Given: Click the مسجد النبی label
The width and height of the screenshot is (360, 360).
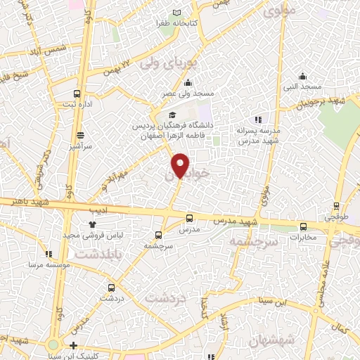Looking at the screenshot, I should pyautogui.click(x=302, y=86).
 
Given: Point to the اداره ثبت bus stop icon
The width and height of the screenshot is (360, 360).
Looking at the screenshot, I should pyautogui.click(x=77, y=94).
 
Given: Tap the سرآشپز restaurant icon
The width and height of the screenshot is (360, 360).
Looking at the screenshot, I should pyautogui.click(x=81, y=135).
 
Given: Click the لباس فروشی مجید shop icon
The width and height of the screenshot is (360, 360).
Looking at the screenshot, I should pyautogui.click(x=91, y=225).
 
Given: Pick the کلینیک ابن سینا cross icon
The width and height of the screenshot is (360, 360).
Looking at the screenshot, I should pyautogui.click(x=74, y=345).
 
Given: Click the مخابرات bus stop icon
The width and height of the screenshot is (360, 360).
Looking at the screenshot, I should pyautogui.click(x=304, y=226).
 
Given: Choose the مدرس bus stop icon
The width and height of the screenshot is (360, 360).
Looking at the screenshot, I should pyautogui.click(x=189, y=218).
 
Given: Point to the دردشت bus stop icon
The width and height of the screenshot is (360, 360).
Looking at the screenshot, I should pyautogui.click(x=111, y=287).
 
